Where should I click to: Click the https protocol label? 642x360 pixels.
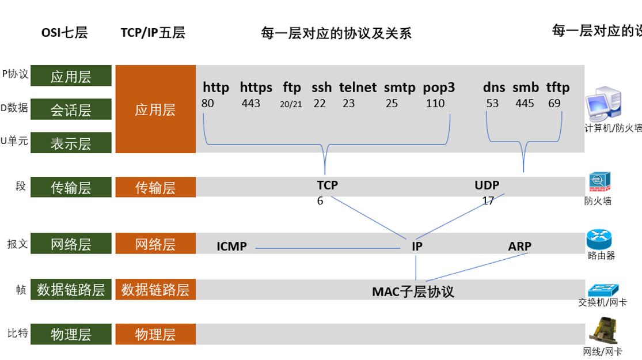tap(256, 88)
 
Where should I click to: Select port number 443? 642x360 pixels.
tap(251, 104)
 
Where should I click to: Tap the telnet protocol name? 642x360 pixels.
tap(358, 88)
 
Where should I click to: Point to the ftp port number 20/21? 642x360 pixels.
tap(291, 104)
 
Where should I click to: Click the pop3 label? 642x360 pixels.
tap(439, 88)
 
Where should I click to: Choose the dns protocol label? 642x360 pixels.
tap(494, 88)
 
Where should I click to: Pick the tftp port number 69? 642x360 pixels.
tap(554, 104)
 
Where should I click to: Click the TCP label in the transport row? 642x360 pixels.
tap(327, 185)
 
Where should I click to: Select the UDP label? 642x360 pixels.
tap(487, 185)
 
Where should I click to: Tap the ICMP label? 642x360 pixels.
tap(231, 247)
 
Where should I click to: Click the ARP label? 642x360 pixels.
tap(519, 247)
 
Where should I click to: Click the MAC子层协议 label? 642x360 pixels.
tap(413, 291)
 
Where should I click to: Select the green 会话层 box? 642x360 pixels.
tap(71, 109)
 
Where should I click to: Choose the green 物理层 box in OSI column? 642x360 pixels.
tap(71, 334)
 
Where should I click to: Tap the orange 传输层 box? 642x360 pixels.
tap(155, 187)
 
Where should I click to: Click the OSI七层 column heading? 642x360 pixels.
tap(64, 32)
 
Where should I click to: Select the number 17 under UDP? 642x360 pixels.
tap(488, 201)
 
